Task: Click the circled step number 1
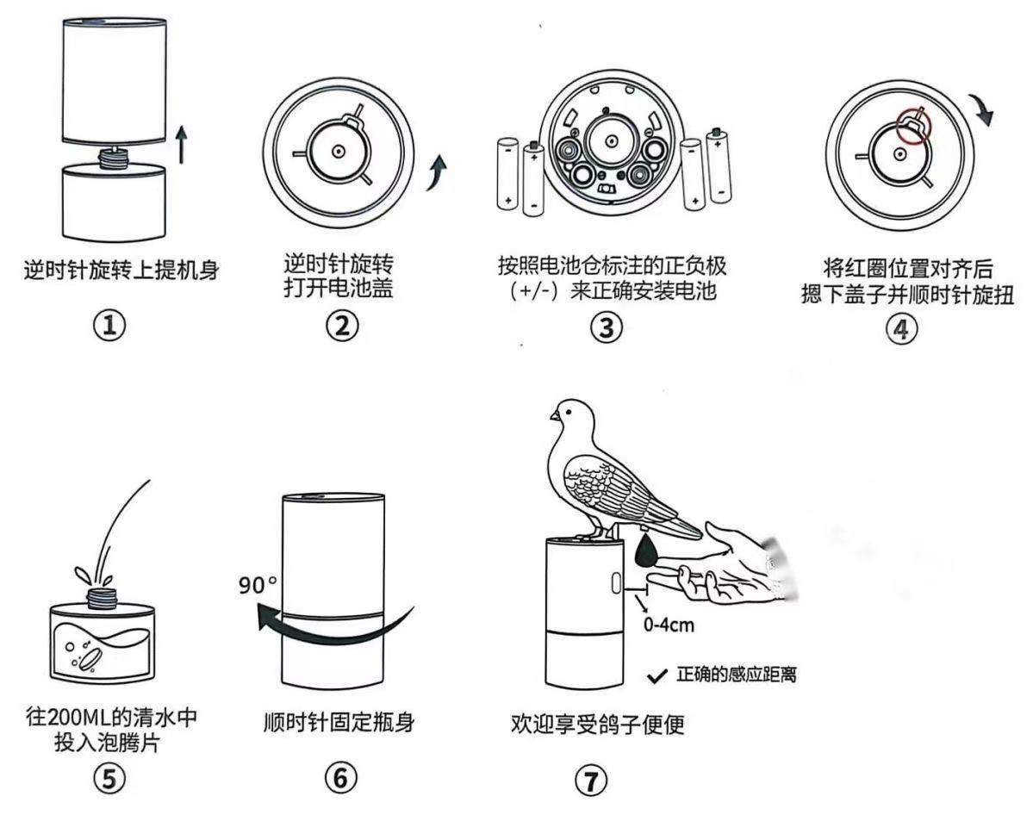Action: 109,326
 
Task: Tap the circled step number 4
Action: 901,328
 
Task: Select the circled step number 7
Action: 591,781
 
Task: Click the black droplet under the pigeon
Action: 645,551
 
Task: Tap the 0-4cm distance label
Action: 669,625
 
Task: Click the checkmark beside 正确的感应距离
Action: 658,677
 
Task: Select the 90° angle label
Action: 258,583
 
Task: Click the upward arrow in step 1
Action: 181,143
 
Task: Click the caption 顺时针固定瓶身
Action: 339,722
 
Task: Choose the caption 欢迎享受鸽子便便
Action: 597,725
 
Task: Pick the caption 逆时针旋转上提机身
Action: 121,270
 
